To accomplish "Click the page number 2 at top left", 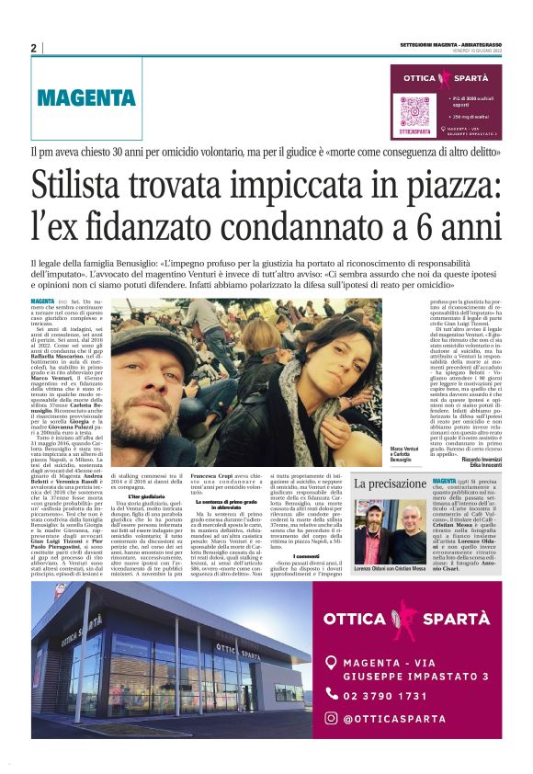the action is click(x=34, y=48).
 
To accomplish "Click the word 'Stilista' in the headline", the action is click(x=98, y=185).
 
